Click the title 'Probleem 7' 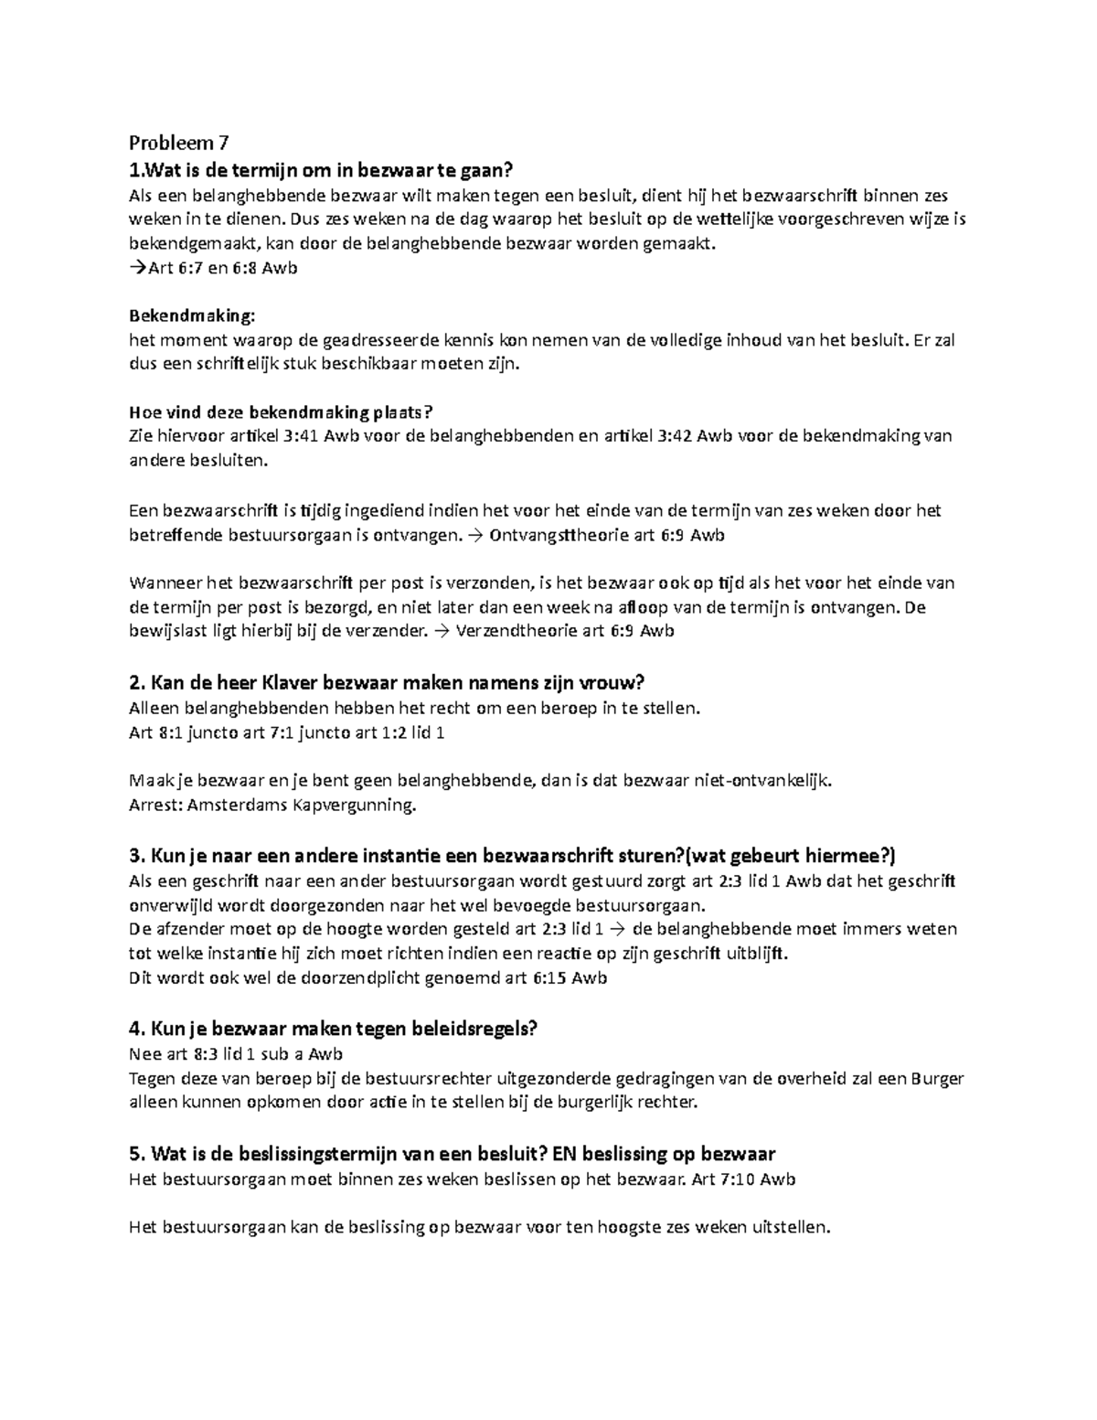tap(179, 144)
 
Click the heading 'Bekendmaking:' tap(192, 315)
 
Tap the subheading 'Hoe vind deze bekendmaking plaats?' tap(279, 411)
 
